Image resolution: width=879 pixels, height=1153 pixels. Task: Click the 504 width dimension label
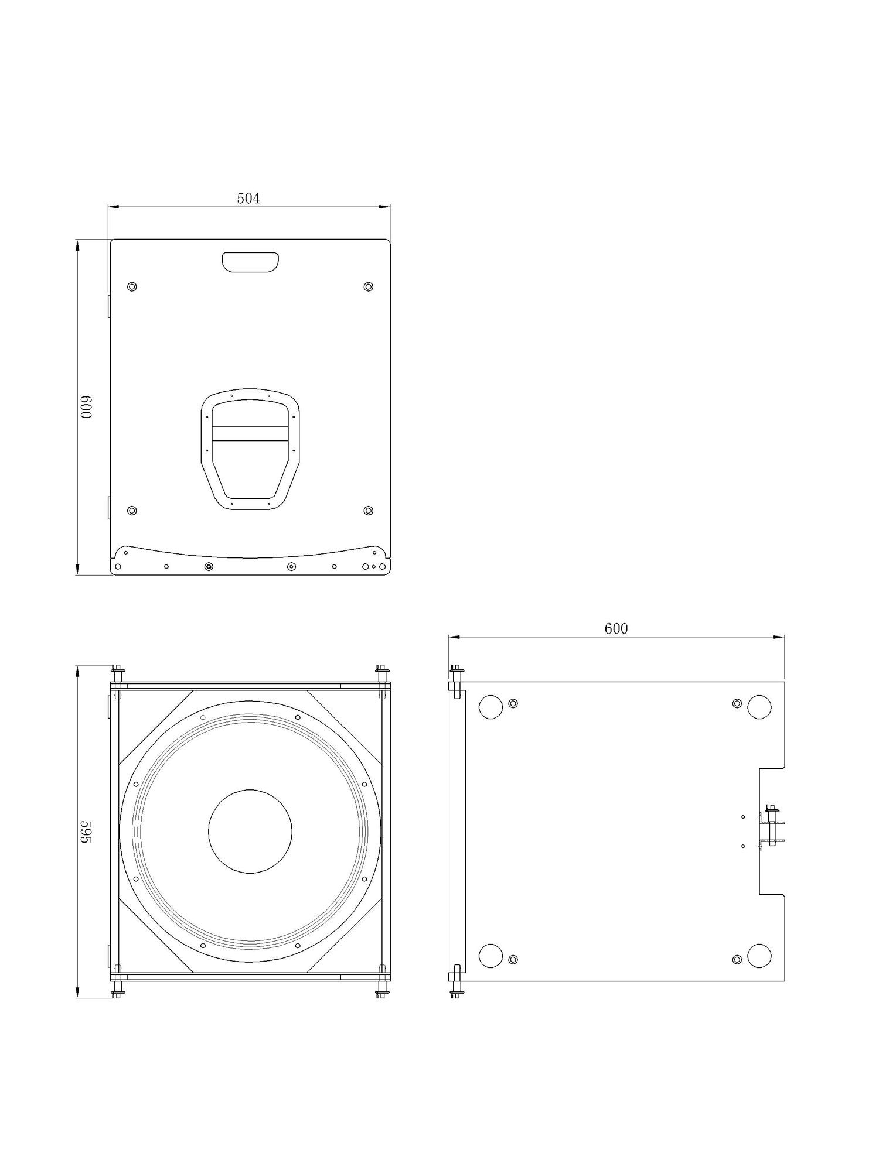pyautogui.click(x=248, y=199)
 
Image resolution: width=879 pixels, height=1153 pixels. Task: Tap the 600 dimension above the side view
pyautogui.click(x=616, y=628)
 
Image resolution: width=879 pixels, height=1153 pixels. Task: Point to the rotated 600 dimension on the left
pyautogui.click(x=87, y=407)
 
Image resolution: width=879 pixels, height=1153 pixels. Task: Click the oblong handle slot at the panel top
pyautogui.click(x=250, y=262)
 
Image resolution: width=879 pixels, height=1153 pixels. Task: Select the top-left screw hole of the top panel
pyautogui.click(x=132, y=286)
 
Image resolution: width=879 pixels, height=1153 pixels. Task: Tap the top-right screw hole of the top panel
pyautogui.click(x=368, y=286)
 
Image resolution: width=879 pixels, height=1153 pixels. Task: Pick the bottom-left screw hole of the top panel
pyautogui.click(x=132, y=511)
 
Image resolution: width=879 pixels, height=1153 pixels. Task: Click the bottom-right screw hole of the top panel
pyautogui.click(x=368, y=511)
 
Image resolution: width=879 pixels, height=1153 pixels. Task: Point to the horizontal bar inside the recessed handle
pyautogui.click(x=250, y=433)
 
